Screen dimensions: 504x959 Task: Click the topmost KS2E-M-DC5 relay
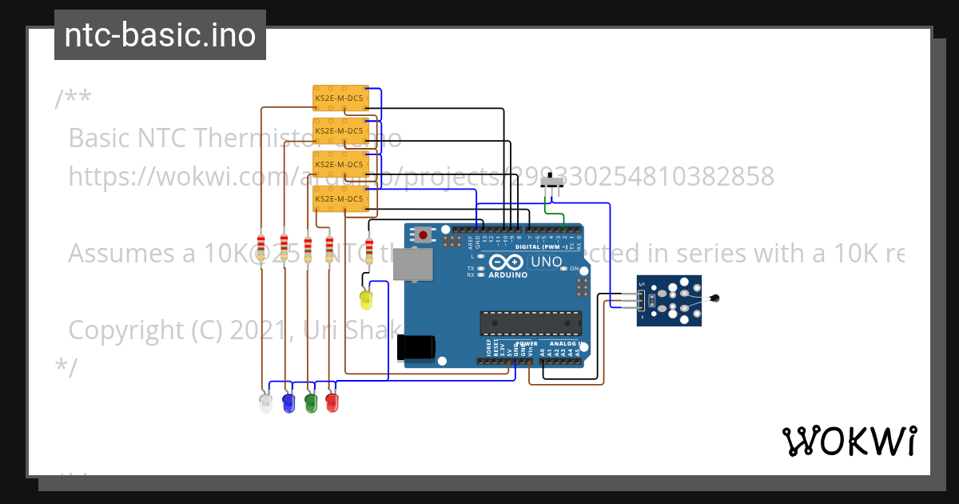(340, 98)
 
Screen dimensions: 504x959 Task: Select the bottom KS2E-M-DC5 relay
(340, 198)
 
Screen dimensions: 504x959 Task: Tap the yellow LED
(366, 301)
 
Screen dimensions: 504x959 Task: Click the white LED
(266, 402)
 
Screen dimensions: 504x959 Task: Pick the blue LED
(289, 402)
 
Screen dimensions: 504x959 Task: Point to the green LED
(311, 402)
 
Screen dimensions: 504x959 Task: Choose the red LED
(332, 402)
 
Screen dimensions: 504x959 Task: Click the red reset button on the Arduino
(422, 234)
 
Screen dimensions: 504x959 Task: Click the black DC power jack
(416, 348)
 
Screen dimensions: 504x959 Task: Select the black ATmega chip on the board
(531, 322)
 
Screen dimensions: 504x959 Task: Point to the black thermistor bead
(716, 299)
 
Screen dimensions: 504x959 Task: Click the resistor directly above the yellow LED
(368, 249)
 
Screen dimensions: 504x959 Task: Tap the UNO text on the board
(547, 262)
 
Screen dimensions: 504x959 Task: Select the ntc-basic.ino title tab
(160, 35)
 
